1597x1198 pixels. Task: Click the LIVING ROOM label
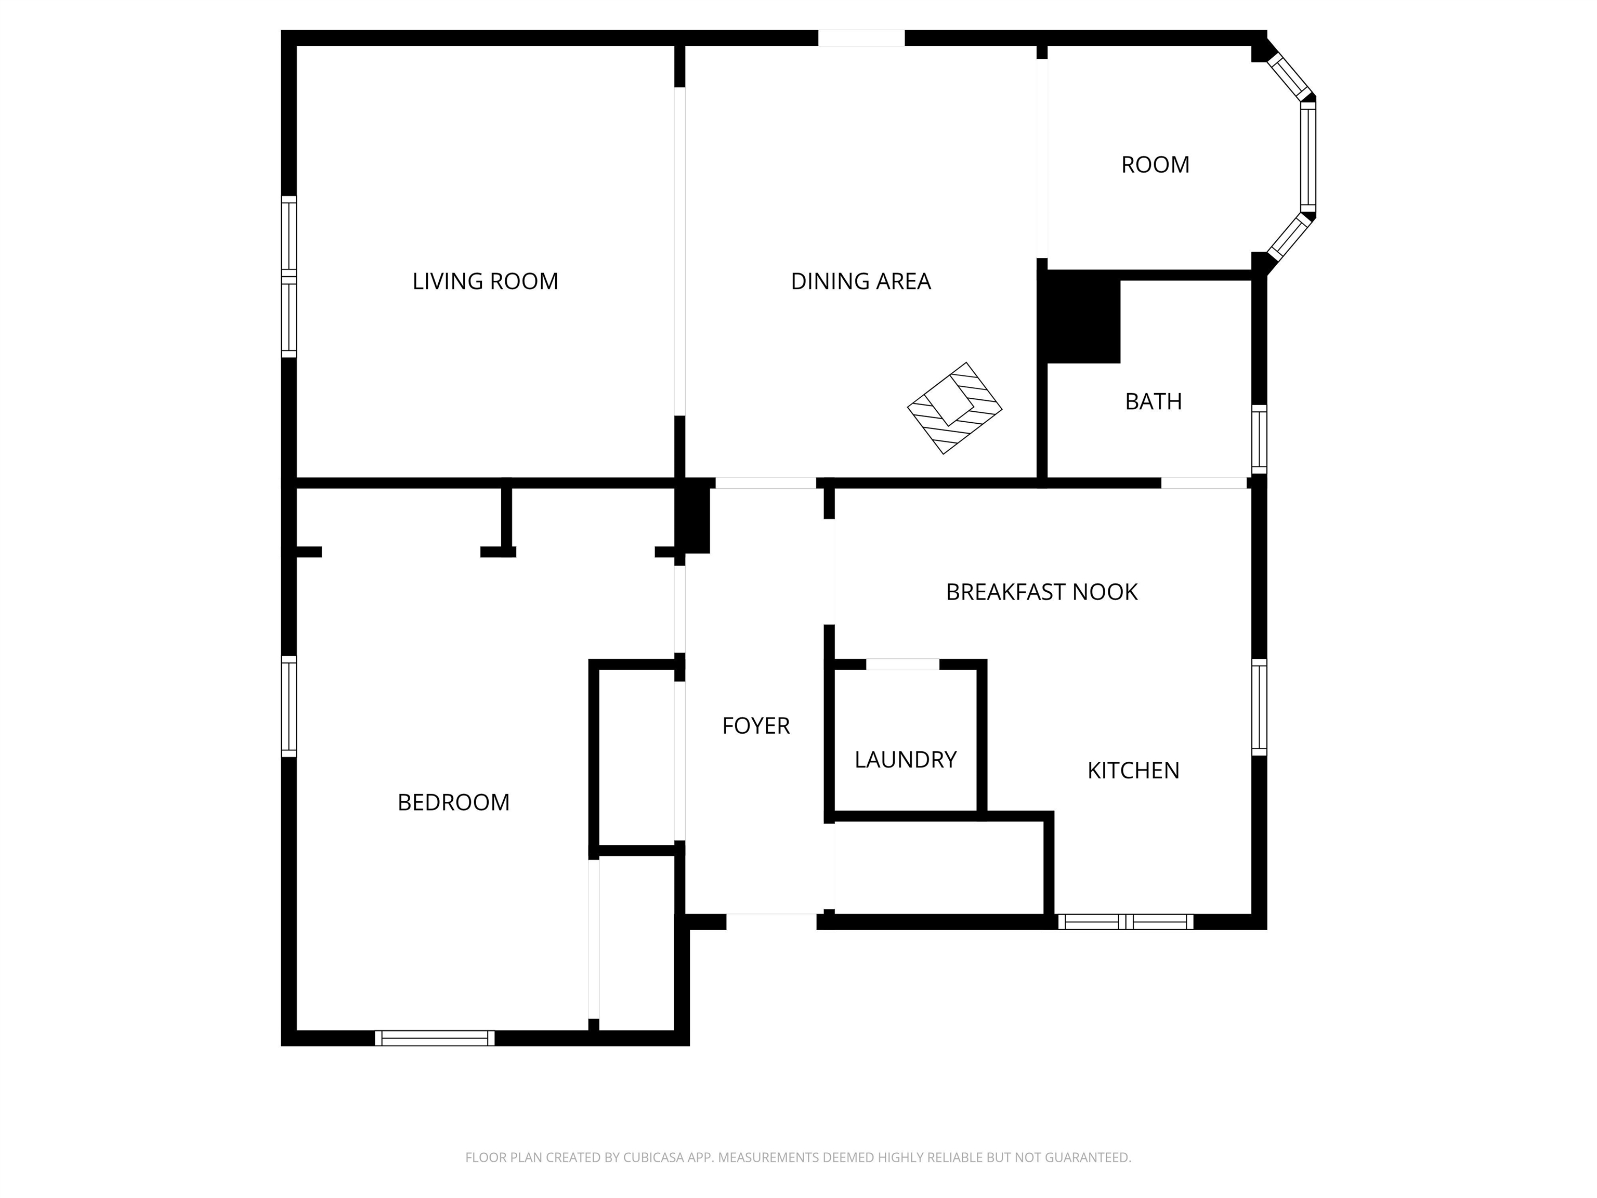click(x=485, y=281)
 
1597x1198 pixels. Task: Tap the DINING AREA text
click(x=860, y=281)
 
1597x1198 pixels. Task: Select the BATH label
click(x=1153, y=401)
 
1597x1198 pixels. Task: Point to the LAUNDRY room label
click(x=906, y=760)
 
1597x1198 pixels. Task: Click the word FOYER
click(x=756, y=726)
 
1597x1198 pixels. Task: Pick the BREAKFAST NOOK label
click(x=1041, y=592)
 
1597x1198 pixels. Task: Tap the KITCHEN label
click(x=1133, y=771)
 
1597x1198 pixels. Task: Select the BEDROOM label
click(x=453, y=802)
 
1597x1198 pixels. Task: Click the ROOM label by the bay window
click(x=1155, y=165)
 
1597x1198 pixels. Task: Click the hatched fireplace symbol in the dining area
click(x=954, y=408)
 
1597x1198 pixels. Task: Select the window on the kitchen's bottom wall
click(x=1125, y=921)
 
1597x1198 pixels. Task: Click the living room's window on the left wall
click(x=289, y=277)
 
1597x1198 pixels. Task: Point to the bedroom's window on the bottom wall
click(x=435, y=1038)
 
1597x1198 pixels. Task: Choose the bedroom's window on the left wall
click(x=289, y=706)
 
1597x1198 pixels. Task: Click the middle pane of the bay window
click(x=1308, y=155)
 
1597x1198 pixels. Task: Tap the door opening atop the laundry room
click(x=902, y=665)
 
